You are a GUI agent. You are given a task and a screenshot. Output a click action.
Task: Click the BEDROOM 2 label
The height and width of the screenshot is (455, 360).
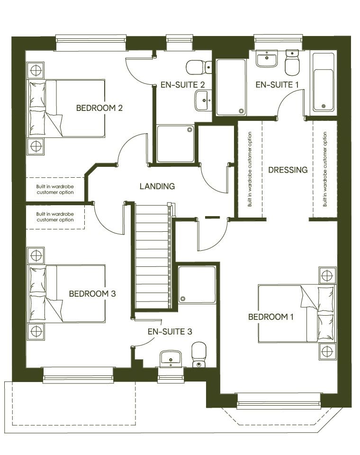coord(99,108)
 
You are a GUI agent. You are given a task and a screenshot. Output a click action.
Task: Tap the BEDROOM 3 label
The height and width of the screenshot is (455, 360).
coord(92,293)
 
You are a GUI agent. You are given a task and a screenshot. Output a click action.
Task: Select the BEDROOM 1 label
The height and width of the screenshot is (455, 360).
coord(271,317)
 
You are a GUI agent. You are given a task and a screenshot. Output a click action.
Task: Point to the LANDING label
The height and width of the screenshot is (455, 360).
coord(157,186)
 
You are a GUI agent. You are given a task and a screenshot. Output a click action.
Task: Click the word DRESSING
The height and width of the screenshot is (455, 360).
coord(288,170)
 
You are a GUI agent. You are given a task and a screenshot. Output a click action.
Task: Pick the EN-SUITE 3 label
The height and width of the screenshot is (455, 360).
coord(170,331)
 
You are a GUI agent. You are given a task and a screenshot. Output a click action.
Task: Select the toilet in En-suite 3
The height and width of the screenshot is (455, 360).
coord(198,355)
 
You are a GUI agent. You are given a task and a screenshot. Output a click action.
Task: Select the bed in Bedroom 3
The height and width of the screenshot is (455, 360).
coord(66,294)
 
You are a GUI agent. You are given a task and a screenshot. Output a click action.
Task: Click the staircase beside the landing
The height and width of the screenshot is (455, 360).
coord(152,256)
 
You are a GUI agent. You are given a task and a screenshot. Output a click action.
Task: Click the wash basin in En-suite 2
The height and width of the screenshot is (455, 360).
coord(203,100)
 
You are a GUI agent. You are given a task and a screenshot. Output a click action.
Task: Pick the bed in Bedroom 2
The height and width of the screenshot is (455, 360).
coord(66,109)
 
